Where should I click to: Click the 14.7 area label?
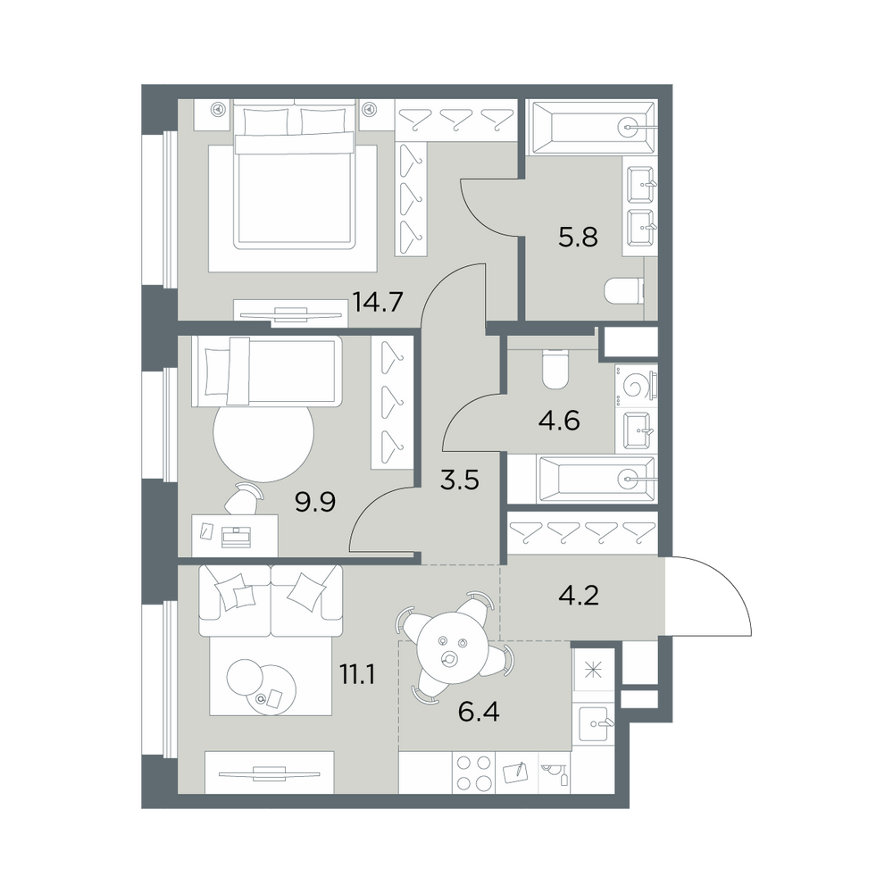(x=378, y=301)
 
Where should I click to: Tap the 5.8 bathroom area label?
(x=578, y=237)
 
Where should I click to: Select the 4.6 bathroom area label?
(x=559, y=421)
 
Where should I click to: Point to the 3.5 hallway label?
(x=460, y=480)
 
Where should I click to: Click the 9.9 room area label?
(x=315, y=502)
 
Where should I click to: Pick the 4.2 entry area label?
(x=579, y=596)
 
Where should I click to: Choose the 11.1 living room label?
(x=357, y=675)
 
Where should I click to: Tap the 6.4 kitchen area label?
(x=479, y=712)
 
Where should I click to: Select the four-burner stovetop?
(x=474, y=772)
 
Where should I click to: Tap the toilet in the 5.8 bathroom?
(x=623, y=290)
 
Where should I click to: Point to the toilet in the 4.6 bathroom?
(x=555, y=369)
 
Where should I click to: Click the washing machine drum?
(x=637, y=386)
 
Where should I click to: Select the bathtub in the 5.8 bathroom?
(x=593, y=128)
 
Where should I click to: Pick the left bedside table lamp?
(x=218, y=108)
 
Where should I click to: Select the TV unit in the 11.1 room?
(x=270, y=772)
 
